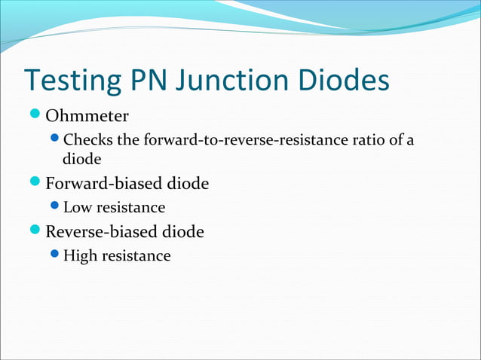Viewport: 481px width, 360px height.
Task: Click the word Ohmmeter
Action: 87,117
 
